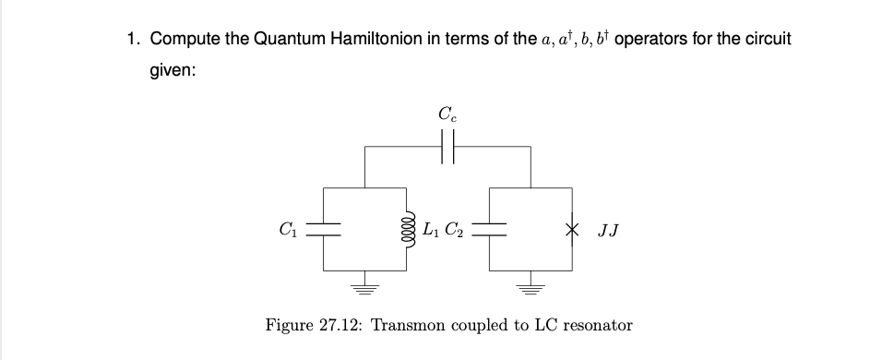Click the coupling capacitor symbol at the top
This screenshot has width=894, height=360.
click(447, 147)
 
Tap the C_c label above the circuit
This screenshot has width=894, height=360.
click(447, 114)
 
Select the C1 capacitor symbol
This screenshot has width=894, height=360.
click(323, 229)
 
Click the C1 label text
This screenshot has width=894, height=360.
click(288, 229)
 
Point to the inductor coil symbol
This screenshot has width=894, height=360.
click(408, 229)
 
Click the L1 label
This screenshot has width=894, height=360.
click(431, 229)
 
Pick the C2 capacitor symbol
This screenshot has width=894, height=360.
click(489, 229)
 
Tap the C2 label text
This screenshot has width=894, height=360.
click(455, 229)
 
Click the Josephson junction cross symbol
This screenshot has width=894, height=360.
click(572, 229)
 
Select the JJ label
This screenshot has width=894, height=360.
click(608, 231)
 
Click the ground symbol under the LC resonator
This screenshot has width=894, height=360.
click(365, 288)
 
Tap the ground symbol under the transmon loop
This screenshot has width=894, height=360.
click(530, 288)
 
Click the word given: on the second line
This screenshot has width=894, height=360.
click(173, 71)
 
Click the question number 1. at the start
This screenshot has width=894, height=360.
click(134, 39)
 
